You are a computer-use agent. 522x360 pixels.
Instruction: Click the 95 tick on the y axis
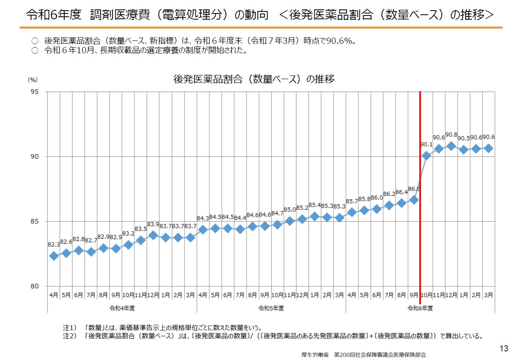coord(35,92)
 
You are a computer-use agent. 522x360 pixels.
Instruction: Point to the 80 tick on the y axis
coord(35,286)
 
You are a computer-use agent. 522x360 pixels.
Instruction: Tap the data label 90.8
coord(451,135)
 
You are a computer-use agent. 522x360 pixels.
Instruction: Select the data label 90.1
coord(426,144)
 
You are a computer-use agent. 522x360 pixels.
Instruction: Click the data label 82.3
coord(54,245)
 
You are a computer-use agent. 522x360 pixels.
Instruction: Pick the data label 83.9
coord(153,224)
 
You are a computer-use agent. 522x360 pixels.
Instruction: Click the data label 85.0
coord(290,209)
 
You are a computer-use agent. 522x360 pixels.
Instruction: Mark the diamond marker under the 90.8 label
coord(451,146)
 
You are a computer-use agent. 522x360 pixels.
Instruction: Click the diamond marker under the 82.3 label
coord(54,256)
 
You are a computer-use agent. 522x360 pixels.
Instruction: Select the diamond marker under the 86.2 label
coord(389,205)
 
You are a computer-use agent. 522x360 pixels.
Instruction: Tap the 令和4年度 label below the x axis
coord(122,308)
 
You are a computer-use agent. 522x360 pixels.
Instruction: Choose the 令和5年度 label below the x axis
coord(271,308)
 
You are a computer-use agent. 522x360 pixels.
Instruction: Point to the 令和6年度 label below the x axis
coord(420,308)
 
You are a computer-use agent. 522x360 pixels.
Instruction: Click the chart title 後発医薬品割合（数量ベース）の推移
coord(254,79)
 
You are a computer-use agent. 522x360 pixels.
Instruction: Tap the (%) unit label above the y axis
coord(33,81)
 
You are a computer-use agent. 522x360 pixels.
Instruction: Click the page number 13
coord(504,348)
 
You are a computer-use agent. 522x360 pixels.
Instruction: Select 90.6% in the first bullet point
coord(341,41)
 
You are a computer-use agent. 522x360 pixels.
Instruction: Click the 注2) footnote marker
coord(70,336)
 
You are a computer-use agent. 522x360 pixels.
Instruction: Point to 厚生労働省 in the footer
coord(315,355)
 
